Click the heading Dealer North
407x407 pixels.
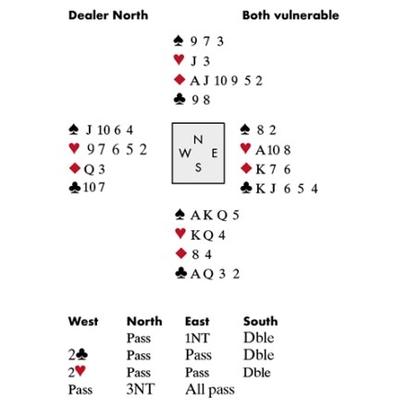(x=108, y=15)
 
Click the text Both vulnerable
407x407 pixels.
(x=290, y=15)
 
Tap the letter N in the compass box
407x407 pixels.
(x=198, y=140)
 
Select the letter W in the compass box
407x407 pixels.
(x=185, y=153)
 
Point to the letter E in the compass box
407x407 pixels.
(x=215, y=153)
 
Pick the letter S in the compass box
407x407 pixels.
(x=198, y=167)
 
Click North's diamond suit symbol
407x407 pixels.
(x=179, y=80)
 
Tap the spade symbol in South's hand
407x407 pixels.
(x=179, y=215)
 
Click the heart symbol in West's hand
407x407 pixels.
(x=74, y=148)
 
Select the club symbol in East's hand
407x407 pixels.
(x=246, y=188)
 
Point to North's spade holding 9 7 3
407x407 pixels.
(x=206, y=42)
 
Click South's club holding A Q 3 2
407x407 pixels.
(x=215, y=274)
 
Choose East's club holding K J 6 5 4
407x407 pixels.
(x=287, y=189)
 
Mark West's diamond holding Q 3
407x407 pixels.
(x=94, y=169)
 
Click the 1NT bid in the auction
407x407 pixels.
(x=197, y=339)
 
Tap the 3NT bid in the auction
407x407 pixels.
(x=141, y=389)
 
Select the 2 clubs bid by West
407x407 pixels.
(x=78, y=355)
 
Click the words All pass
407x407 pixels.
(x=210, y=389)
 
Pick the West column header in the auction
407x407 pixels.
(x=83, y=321)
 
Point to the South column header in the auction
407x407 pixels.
(x=261, y=321)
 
